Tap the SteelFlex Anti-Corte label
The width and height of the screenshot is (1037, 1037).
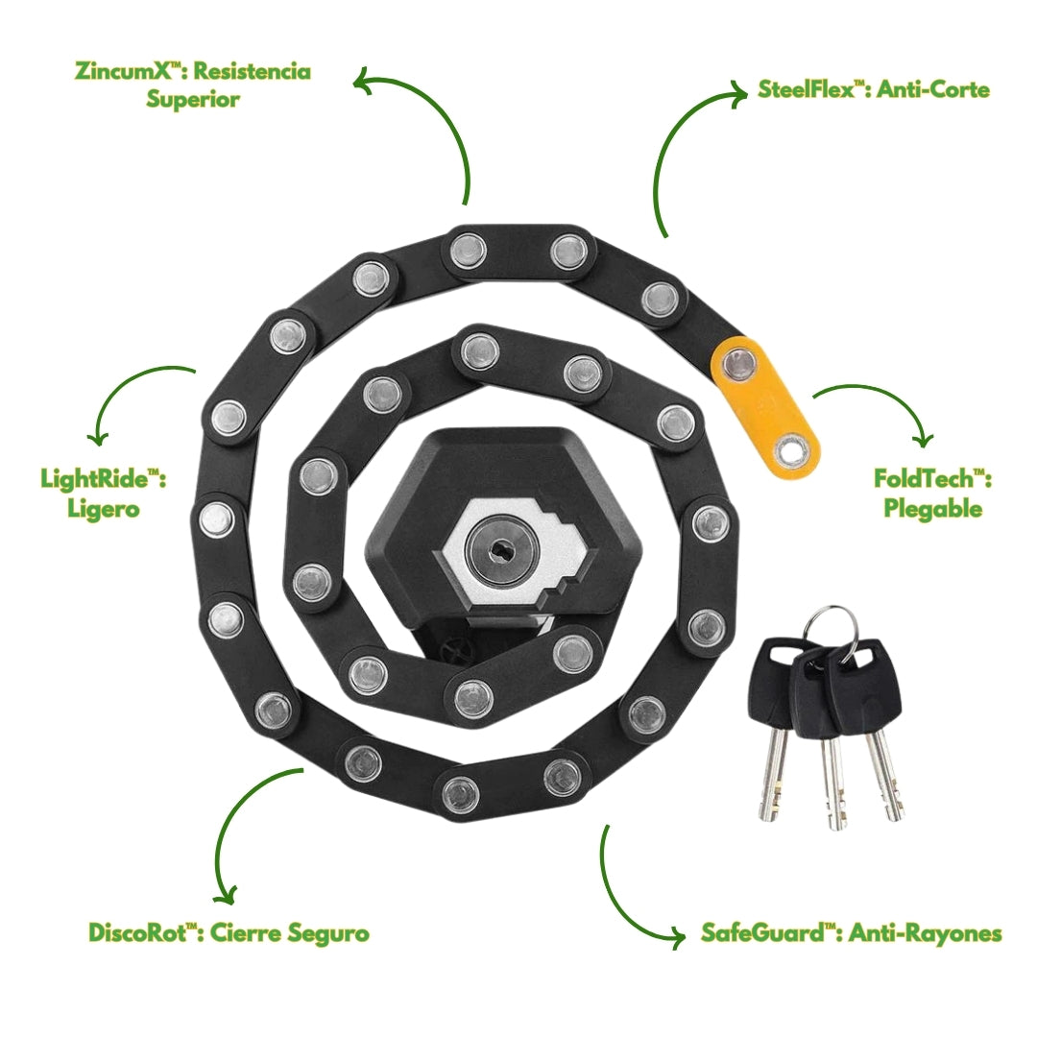coord(873,90)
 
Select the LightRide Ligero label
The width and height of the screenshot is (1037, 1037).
coord(104,493)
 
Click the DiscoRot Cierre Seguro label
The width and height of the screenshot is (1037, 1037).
coord(229,932)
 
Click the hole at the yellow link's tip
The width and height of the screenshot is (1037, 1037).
coord(793,446)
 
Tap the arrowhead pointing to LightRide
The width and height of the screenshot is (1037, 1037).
coord(96,436)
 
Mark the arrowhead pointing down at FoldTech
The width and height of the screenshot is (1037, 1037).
coord(923,441)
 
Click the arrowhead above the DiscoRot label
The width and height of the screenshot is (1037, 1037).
coord(226,898)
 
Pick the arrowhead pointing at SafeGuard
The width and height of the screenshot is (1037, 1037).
coord(681,933)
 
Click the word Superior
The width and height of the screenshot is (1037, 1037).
coord(193,99)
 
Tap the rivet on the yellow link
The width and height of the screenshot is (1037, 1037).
coord(737,364)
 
